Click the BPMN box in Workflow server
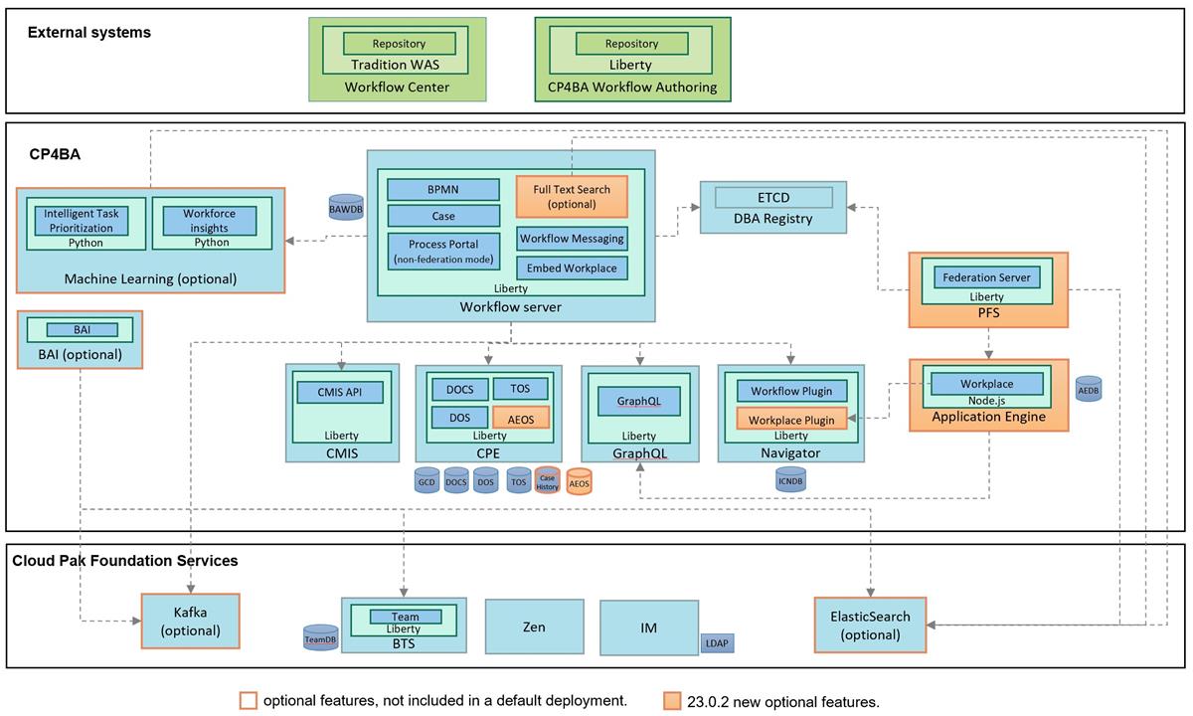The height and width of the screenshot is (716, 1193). click(443, 190)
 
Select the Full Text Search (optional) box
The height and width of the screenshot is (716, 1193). click(572, 196)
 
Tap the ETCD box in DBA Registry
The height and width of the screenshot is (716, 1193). click(772, 197)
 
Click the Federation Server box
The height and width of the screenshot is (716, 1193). click(986, 276)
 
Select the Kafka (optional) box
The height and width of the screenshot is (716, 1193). click(190, 623)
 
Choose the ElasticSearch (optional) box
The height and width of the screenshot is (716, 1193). click(870, 624)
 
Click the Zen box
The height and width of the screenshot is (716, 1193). click(533, 627)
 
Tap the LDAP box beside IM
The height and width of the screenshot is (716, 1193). click(717, 642)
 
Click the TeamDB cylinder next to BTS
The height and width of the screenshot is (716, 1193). click(320, 638)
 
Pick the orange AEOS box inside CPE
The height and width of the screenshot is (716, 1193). click(521, 419)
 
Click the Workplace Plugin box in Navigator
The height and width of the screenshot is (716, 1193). click(791, 420)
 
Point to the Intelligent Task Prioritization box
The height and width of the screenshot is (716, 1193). click(85, 220)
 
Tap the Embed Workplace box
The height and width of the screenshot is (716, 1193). click(572, 268)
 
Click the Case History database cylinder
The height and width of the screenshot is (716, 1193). click(547, 480)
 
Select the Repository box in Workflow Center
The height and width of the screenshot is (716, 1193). click(399, 44)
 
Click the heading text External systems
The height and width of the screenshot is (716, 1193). click(89, 33)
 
